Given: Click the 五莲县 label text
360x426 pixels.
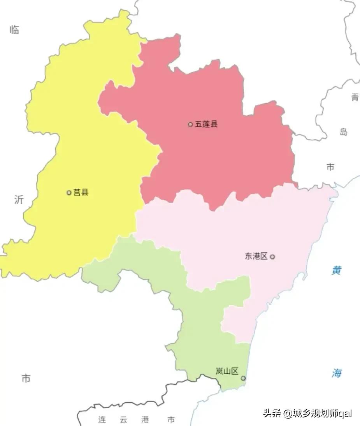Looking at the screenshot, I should [x=206, y=124].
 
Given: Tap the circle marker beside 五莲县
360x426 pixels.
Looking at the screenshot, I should [x=190, y=125].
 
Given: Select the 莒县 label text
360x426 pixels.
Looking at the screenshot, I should [x=81, y=192].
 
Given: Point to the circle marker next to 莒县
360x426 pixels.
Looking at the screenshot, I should [x=69, y=192].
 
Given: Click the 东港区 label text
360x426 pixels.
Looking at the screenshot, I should [x=256, y=256].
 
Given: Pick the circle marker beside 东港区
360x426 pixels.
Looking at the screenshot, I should [x=272, y=257].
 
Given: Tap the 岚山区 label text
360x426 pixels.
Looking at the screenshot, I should [x=227, y=371].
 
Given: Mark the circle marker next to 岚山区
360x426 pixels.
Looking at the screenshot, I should [x=243, y=378].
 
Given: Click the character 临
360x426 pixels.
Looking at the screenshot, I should [x=14, y=30].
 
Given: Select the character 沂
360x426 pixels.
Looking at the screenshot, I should [x=19, y=200].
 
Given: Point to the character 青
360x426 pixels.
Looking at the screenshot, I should [x=355, y=97].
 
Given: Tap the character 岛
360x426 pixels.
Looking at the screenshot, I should [x=343, y=132].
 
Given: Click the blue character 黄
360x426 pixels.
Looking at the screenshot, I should [x=337, y=270].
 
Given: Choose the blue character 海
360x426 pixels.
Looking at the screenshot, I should [x=337, y=373].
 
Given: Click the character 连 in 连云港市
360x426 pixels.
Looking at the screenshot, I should [x=102, y=420].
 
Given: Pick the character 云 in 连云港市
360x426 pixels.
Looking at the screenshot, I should [x=123, y=420].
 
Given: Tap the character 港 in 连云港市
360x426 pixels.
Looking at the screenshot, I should [x=145, y=420].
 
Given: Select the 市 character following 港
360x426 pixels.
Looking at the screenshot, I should [x=171, y=420].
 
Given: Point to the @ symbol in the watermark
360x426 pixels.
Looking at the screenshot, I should [x=287, y=413].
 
